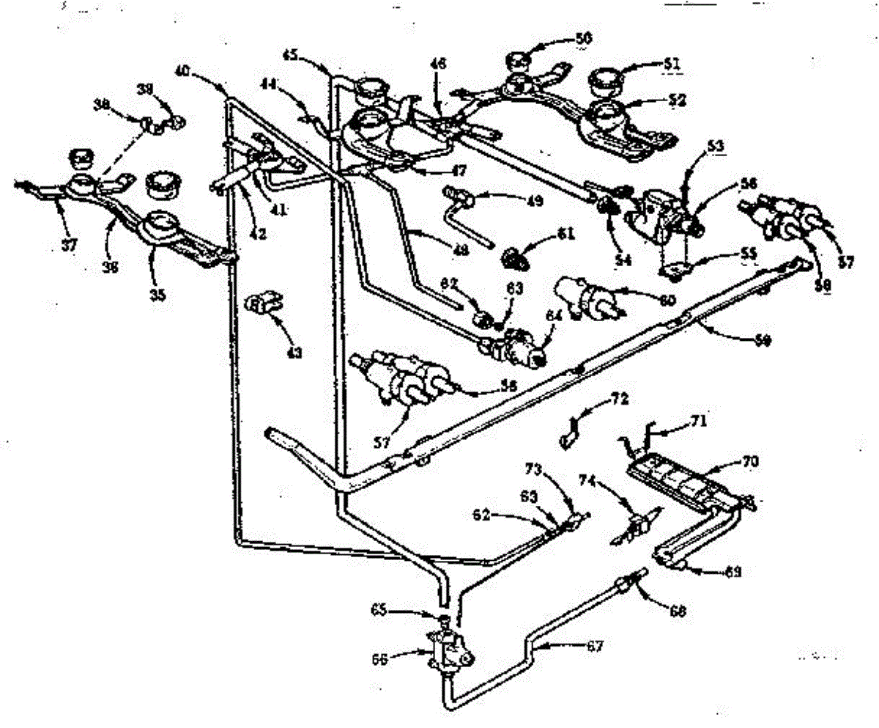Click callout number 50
pyautogui.click(x=584, y=37)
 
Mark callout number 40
pyautogui.click(x=182, y=70)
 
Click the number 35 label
pyautogui.click(x=157, y=295)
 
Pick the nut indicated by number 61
pyautogui.click(x=516, y=257)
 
